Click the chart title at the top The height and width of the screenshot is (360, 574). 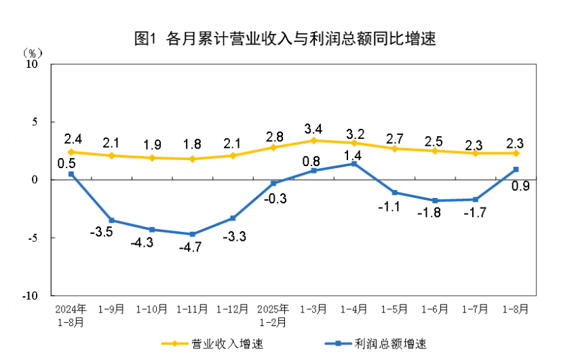click(286, 39)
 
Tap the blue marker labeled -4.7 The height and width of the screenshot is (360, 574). click(192, 234)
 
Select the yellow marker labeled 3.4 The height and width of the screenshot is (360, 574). click(313, 140)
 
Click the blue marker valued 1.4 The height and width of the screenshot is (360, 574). click(353, 163)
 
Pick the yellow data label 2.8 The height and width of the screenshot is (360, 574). click(273, 134)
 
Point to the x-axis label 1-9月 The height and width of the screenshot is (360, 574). click(111, 309)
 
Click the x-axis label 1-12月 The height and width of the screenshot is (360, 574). click(233, 309)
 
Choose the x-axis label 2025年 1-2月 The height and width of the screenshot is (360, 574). click(273, 315)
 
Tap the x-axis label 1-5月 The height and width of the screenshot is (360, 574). click(394, 309)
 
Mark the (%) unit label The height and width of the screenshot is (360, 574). click(32, 52)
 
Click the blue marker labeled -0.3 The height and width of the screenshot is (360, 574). click(273, 183)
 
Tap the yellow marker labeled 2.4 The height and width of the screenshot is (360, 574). click(71, 152)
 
